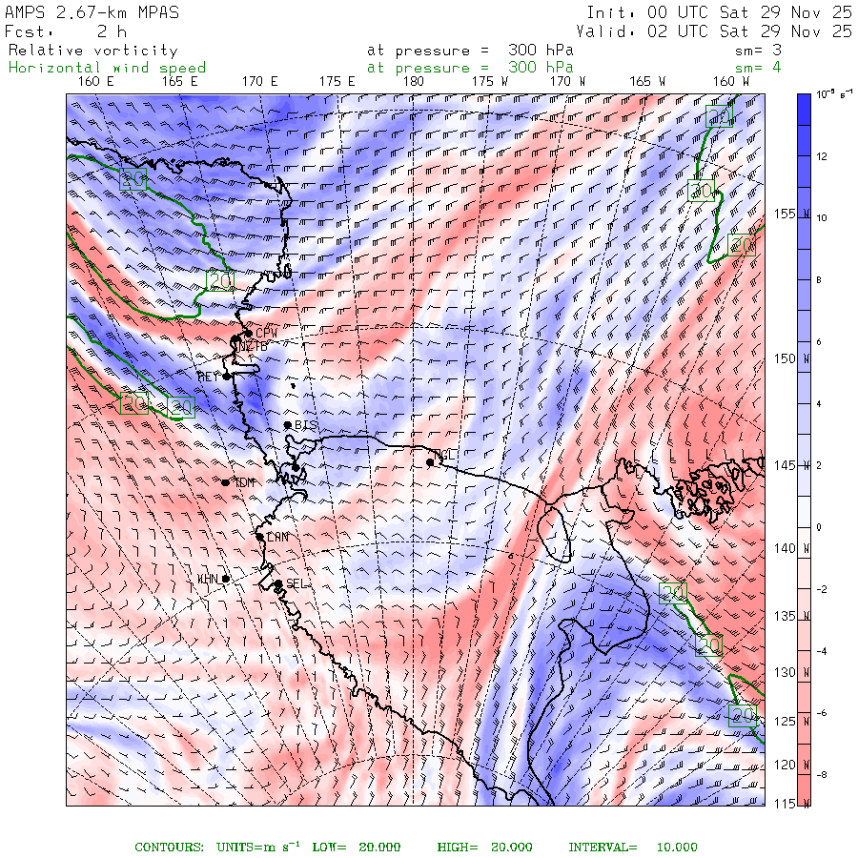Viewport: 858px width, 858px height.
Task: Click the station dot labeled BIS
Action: tap(287, 425)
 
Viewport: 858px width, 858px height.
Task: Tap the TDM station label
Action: tap(246, 482)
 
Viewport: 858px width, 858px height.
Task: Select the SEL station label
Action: tap(297, 583)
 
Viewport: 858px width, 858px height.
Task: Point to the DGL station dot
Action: tap(430, 462)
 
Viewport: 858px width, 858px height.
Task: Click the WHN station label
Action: tap(208, 579)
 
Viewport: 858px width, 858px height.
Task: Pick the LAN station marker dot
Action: tap(260, 537)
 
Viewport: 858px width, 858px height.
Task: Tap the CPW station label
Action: tap(266, 332)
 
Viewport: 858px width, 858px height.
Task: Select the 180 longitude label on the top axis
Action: tap(414, 82)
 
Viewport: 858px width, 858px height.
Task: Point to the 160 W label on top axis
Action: tap(731, 82)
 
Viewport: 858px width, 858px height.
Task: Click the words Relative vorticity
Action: tap(93, 51)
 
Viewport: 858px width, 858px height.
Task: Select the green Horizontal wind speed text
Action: tap(107, 68)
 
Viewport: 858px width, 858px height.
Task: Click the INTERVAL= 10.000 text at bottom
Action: tap(633, 848)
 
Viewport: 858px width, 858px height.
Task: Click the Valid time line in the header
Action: tap(714, 31)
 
